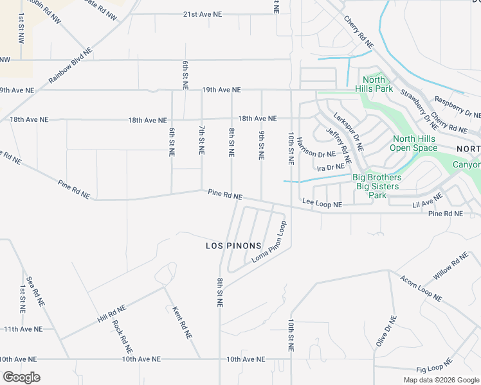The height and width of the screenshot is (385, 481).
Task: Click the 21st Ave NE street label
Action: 203,13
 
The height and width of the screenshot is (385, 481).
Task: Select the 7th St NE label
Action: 201,141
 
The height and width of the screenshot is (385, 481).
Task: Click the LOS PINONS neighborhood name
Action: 233,246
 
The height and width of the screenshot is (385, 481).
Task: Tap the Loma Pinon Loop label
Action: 269,241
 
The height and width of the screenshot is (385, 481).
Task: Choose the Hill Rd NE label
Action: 112,313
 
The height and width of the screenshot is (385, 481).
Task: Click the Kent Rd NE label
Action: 183,322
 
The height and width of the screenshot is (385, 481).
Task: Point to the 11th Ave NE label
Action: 23,329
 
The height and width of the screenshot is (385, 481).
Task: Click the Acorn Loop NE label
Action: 421,289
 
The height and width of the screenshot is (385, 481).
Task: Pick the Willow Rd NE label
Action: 451,267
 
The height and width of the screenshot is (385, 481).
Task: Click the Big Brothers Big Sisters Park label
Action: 379,186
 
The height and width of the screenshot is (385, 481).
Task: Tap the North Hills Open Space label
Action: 415,143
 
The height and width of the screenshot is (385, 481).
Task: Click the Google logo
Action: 21,377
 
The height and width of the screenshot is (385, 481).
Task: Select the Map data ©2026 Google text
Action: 440,380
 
